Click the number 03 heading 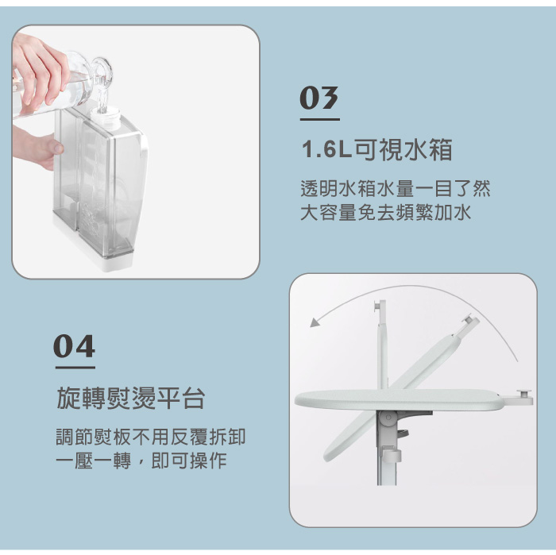click(319, 99)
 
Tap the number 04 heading click(75, 346)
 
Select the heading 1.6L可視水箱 click(376, 149)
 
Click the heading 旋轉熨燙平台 click(131, 399)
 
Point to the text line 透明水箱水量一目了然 click(395, 189)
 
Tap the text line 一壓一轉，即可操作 click(141, 461)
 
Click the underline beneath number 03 click(319, 120)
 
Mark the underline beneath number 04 click(75, 368)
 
